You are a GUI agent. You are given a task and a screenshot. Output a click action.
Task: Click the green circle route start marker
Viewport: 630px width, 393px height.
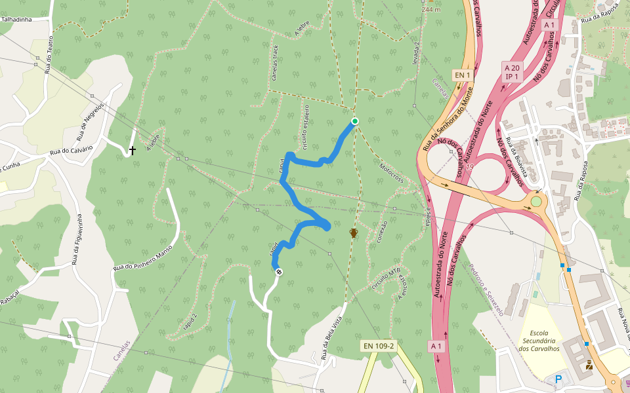(x=355, y=121)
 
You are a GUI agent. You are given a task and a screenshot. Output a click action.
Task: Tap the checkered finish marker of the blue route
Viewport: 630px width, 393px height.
(x=279, y=272)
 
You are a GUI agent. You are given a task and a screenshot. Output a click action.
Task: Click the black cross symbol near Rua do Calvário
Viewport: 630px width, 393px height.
(x=133, y=151)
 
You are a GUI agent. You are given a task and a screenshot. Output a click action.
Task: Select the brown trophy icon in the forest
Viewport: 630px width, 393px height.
(x=354, y=233)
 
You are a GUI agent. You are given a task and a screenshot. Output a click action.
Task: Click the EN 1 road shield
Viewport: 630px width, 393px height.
(x=463, y=75)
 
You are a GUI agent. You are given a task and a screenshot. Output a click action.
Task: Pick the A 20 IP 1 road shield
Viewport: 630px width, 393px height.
(x=512, y=71)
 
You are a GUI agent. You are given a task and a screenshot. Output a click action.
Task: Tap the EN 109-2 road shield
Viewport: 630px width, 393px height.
(x=379, y=345)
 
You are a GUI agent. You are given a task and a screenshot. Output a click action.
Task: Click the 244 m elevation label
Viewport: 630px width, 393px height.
(x=430, y=10)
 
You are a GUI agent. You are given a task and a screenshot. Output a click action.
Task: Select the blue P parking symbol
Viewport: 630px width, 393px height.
(x=558, y=379)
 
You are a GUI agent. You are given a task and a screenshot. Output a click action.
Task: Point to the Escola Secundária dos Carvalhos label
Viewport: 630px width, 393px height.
(x=539, y=340)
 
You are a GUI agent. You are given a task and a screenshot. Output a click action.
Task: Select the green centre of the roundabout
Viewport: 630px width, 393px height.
(x=536, y=201)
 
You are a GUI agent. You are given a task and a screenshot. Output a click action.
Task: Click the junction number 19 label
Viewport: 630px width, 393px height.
(x=470, y=166)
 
